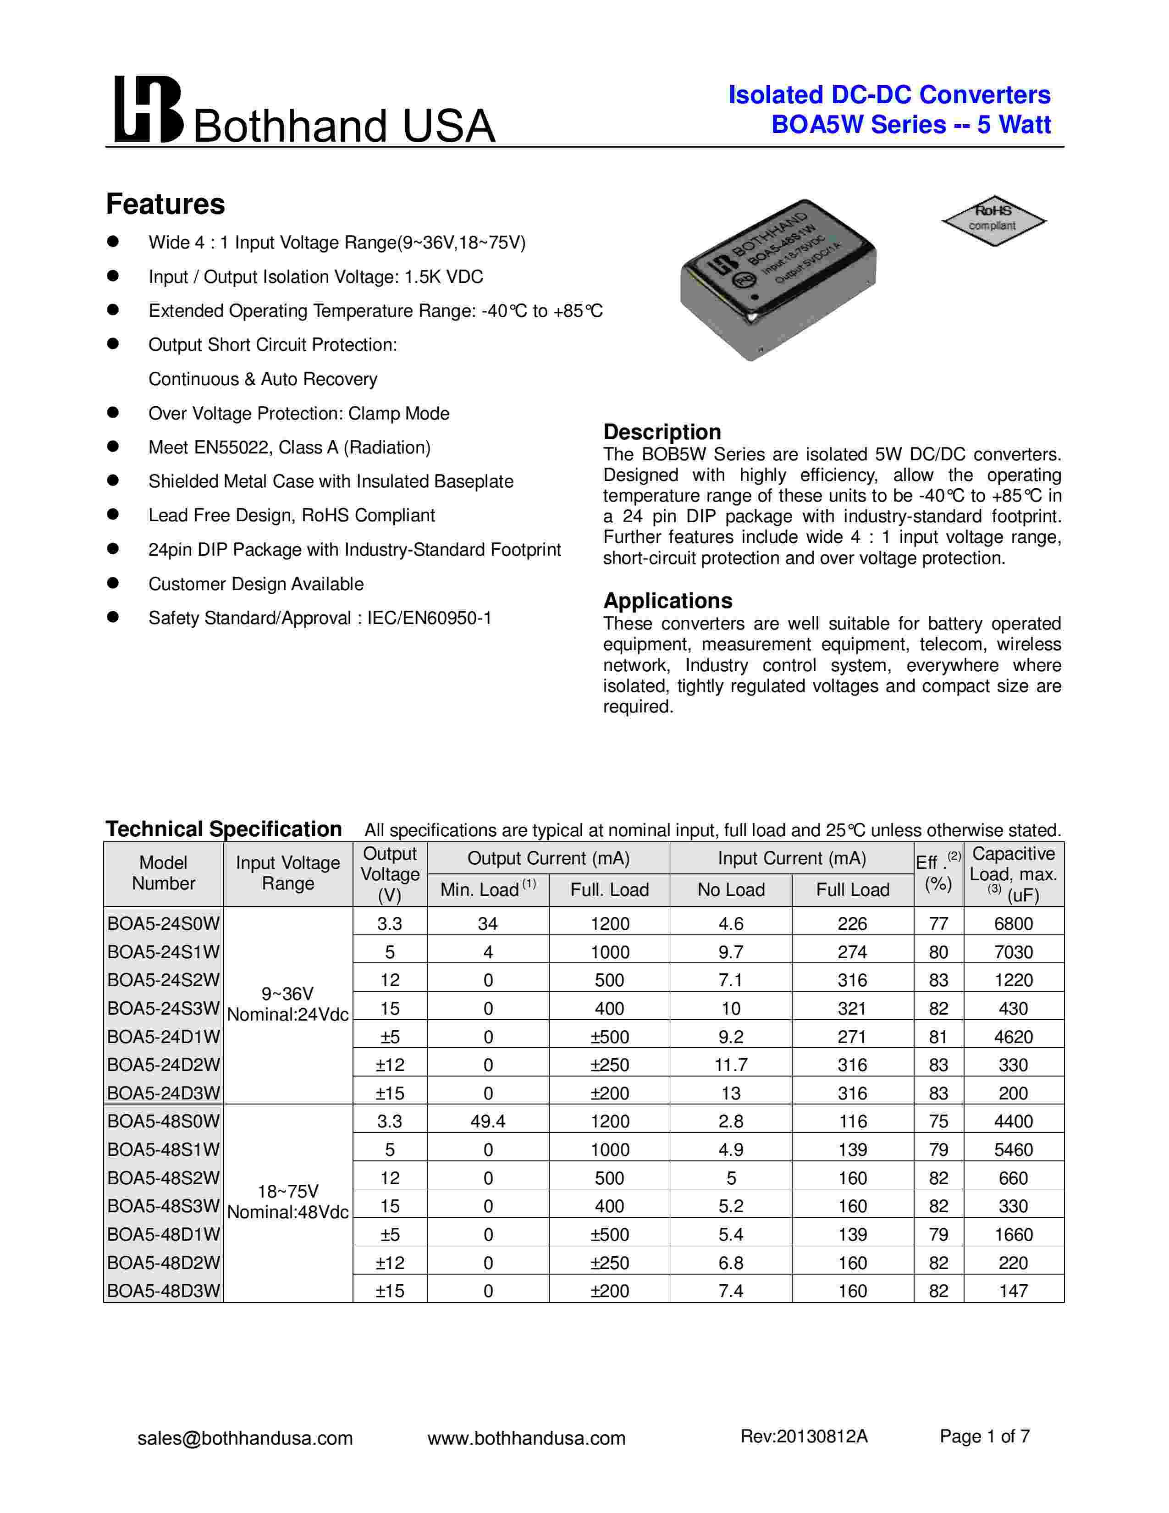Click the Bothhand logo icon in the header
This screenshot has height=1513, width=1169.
coord(148,110)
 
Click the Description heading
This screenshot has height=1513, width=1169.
coord(662,431)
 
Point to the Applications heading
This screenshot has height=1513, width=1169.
coord(667,600)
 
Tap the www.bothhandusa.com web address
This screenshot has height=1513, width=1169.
coord(526,1438)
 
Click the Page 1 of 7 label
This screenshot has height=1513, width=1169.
coord(984,1436)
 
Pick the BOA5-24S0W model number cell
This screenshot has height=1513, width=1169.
coord(164,923)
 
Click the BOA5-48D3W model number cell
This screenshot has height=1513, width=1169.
coord(164,1291)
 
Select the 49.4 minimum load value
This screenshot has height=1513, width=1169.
coord(488,1121)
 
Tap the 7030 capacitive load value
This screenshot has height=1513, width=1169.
coord(1013,952)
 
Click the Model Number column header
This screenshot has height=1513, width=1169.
coord(164,873)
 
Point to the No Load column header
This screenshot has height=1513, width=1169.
coord(731,889)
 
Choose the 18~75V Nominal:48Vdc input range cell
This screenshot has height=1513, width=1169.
coord(288,1201)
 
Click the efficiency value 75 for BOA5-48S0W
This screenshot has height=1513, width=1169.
coord(938,1121)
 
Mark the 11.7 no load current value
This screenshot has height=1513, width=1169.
coord(731,1065)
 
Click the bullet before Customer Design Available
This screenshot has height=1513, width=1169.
coord(113,583)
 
